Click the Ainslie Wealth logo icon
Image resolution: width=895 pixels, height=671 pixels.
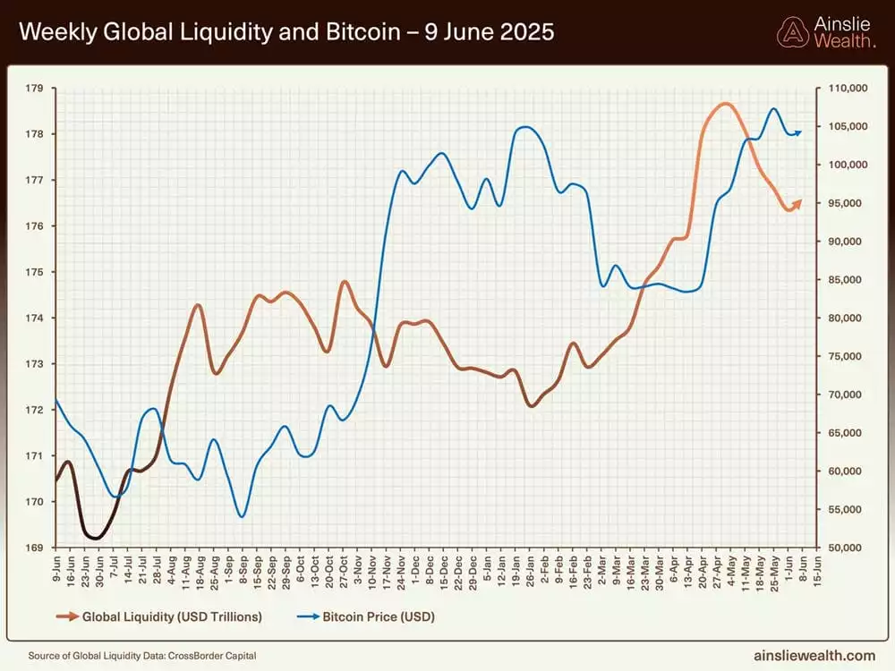pyautogui.click(x=792, y=32)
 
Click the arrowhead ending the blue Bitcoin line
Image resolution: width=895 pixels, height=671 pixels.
pyautogui.click(x=798, y=132)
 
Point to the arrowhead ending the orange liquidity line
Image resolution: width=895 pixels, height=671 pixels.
pyautogui.click(x=798, y=202)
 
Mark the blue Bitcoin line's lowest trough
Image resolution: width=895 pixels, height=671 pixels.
pyautogui.click(x=242, y=516)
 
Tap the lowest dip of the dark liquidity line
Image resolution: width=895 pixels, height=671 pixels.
pyautogui.click(x=96, y=539)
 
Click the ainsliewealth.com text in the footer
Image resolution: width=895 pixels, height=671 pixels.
pyautogui.click(x=814, y=655)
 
